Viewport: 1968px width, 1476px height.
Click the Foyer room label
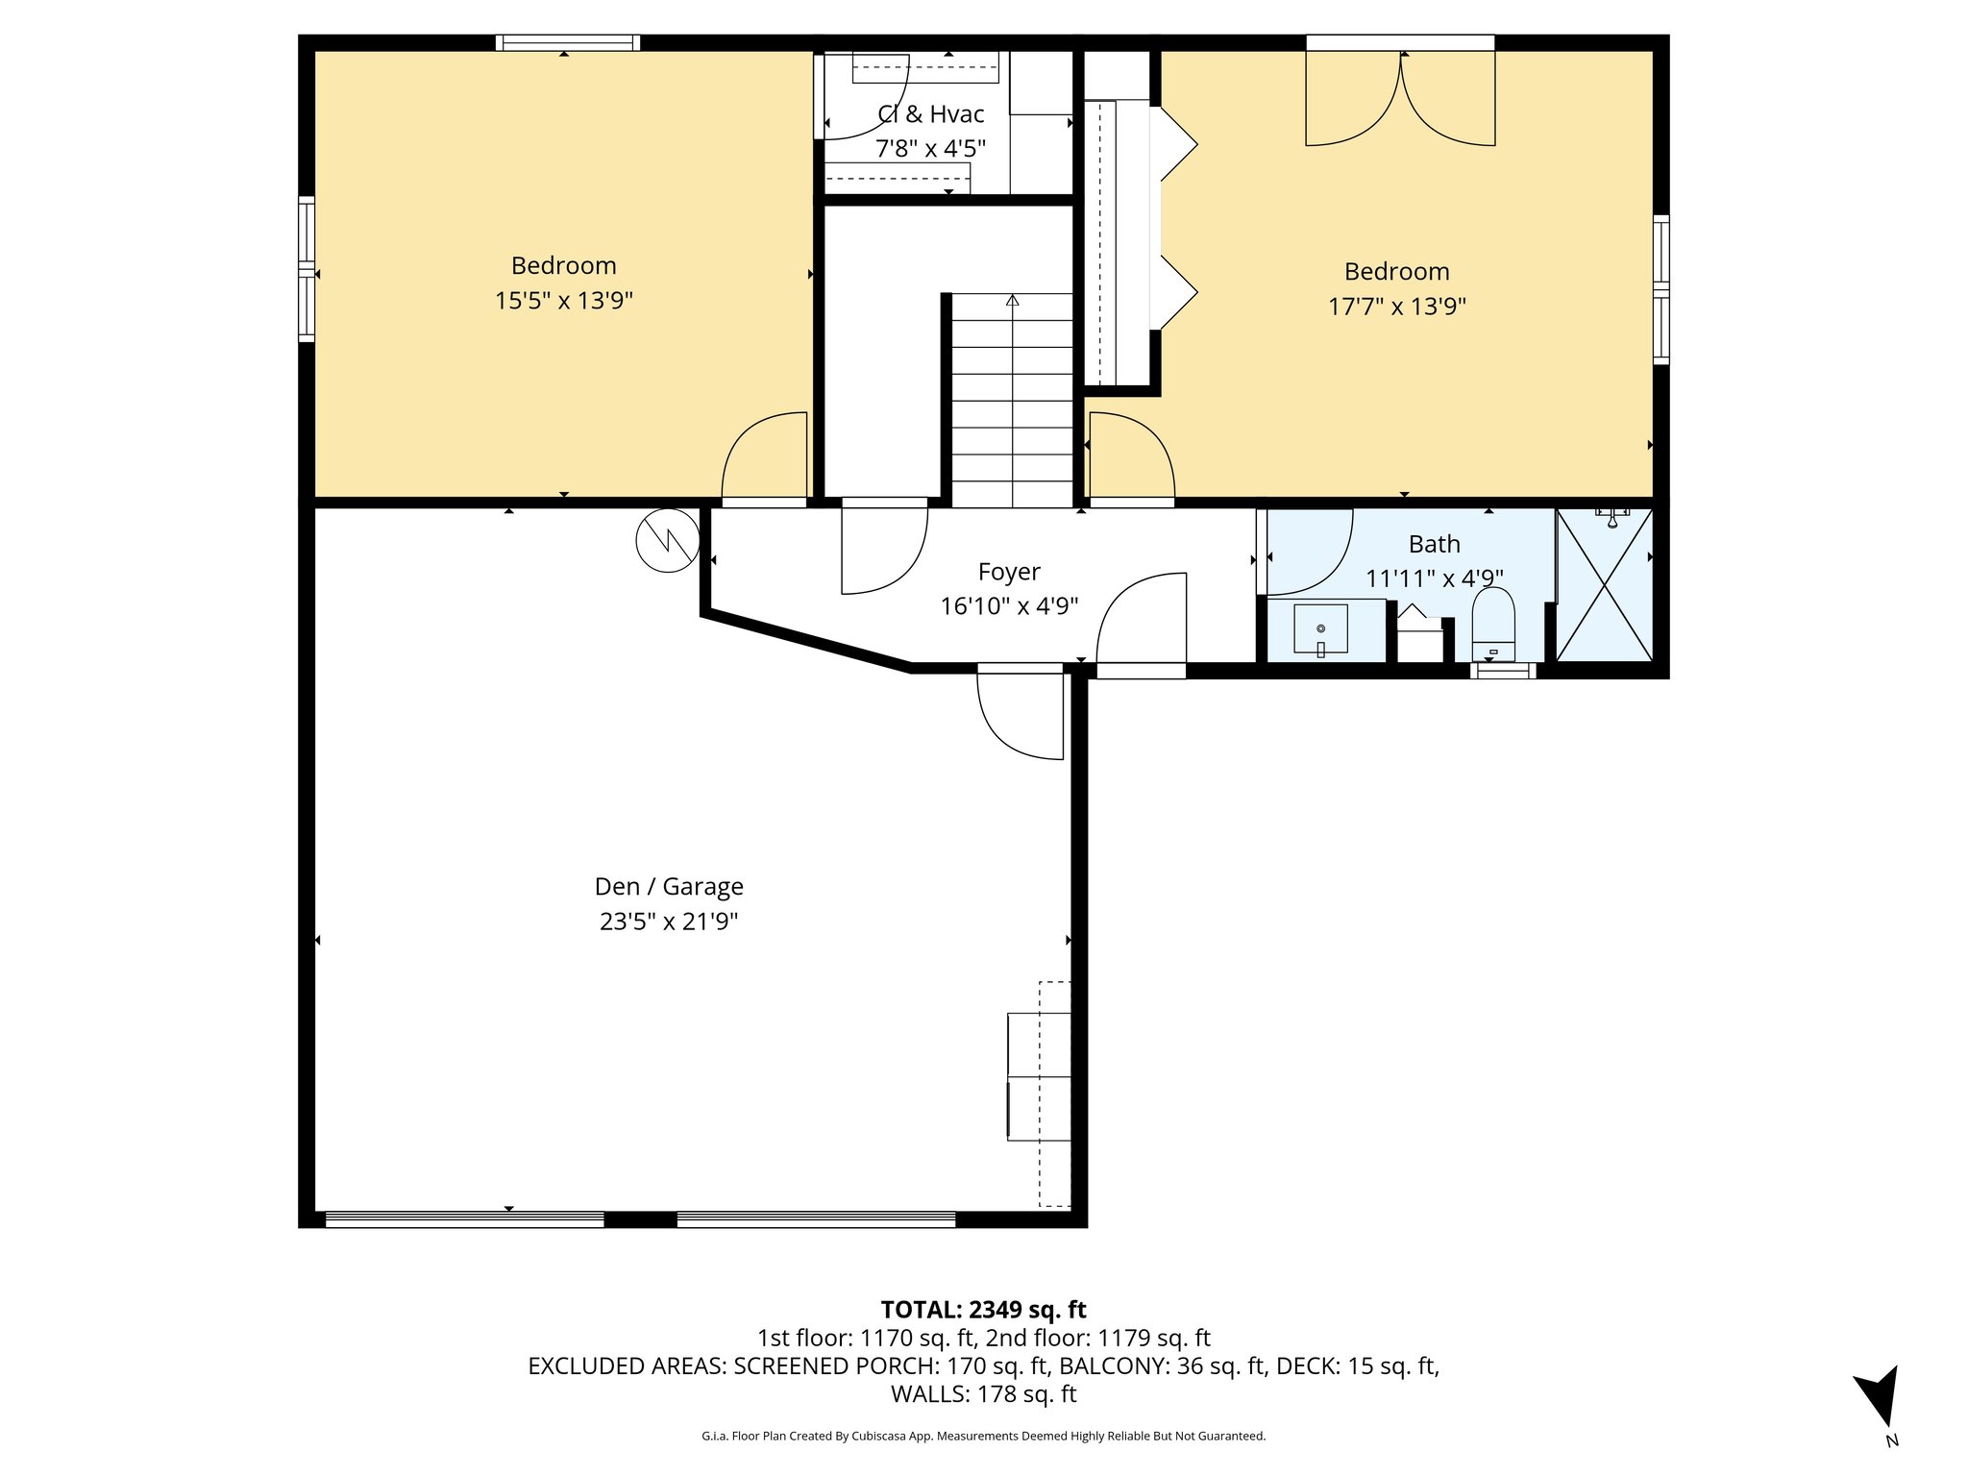[x=1008, y=572]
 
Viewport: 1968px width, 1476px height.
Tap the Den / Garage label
[x=669, y=886]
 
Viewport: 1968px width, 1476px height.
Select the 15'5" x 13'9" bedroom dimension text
[x=563, y=301]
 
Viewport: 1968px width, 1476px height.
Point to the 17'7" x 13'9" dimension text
[x=1396, y=307]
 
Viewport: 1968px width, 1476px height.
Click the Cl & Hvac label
[x=930, y=114]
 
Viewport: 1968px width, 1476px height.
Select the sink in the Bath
[x=1320, y=629]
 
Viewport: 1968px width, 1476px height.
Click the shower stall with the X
[x=1604, y=585]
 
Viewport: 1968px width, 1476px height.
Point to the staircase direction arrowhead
[x=1012, y=301]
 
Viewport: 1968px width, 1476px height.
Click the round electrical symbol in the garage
[x=668, y=541]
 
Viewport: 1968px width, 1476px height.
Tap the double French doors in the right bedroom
[x=1400, y=96]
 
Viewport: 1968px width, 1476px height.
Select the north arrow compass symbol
[x=1879, y=1398]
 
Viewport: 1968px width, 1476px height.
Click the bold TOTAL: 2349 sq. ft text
[x=983, y=1310]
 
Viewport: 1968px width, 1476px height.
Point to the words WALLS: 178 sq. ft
[x=983, y=1393]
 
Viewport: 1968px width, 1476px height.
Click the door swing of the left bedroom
[x=764, y=456]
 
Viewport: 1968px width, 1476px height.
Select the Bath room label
[x=1434, y=544]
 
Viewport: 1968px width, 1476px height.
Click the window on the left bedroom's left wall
[x=307, y=269]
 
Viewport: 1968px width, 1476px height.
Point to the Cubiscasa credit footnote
[x=983, y=1436]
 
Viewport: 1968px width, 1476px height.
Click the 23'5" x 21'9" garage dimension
[x=669, y=922]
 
